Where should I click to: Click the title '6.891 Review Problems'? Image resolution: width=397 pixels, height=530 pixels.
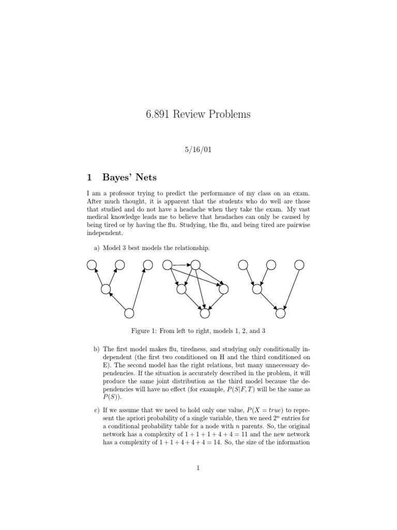click(x=198, y=114)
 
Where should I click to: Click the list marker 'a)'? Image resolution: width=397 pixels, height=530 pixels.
click(x=97, y=248)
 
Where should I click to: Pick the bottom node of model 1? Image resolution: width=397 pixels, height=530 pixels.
click(x=129, y=313)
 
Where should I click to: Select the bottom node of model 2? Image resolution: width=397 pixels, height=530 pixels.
click(x=205, y=313)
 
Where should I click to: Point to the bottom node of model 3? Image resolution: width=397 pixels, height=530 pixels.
click(x=281, y=313)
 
